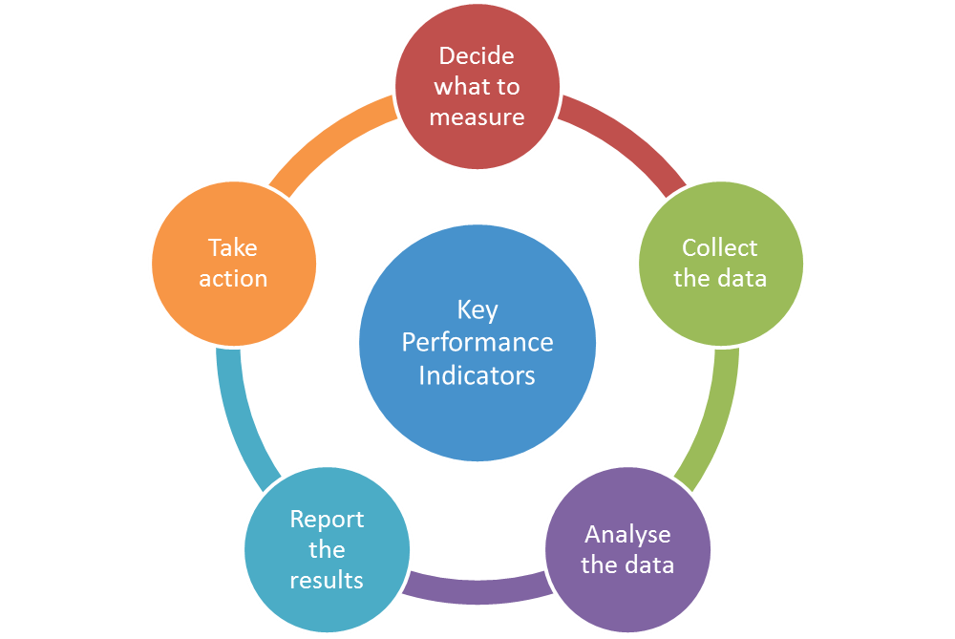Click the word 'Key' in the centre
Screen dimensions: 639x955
point(477,310)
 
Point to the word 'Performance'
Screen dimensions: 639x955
point(477,342)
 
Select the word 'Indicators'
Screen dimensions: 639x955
point(477,374)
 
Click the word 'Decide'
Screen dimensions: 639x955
point(477,56)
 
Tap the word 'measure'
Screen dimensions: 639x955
point(477,117)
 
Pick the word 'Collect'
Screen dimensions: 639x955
point(720,248)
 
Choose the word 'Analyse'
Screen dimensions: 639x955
point(627,534)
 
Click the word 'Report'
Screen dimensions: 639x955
point(327,520)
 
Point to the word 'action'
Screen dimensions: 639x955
point(233,279)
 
